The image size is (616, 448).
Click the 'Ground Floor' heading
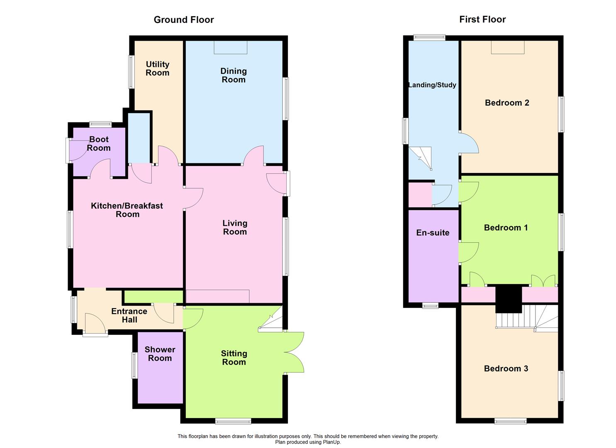[184, 19]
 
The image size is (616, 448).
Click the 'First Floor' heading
[482, 19]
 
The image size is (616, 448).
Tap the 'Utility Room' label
[157, 68]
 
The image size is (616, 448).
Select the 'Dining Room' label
[234, 75]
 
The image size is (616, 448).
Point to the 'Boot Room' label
[99, 144]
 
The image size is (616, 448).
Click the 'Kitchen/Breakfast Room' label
[127, 210]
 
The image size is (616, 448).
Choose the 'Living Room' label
[235, 228]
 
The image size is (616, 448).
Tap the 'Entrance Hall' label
[129, 315]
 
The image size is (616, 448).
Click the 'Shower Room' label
[160, 354]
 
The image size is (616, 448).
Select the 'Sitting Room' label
[234, 358]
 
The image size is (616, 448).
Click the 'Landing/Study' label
[432, 85]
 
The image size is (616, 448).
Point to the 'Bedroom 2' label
[507, 103]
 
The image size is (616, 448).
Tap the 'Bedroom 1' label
[506, 227]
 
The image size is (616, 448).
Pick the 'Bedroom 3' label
[506, 368]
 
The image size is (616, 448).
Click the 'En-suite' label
[433, 233]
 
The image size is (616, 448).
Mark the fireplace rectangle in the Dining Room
[231, 47]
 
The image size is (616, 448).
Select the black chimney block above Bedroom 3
[509, 299]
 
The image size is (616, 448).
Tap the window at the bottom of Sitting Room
[233, 421]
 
